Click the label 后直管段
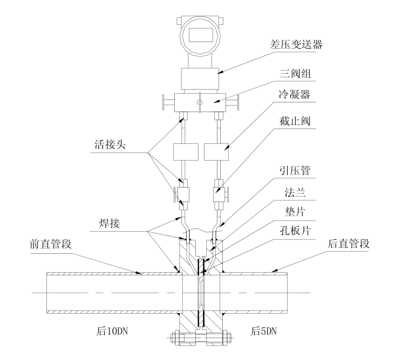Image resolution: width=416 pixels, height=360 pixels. click(x=349, y=244)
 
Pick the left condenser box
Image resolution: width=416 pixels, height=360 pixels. click(x=183, y=152)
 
